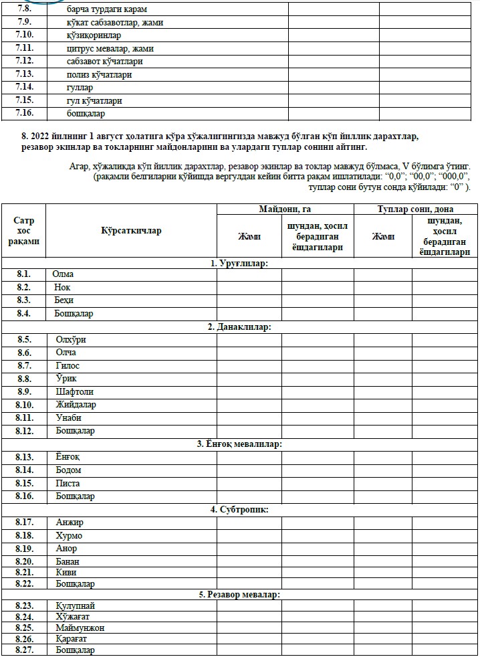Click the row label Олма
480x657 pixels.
click(x=64, y=274)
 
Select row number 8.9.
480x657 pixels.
click(x=24, y=392)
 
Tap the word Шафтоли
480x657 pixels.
click(x=75, y=392)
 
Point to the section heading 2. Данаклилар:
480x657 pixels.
click(x=240, y=326)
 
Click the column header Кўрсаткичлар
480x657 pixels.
click(x=132, y=231)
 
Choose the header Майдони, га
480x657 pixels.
click(x=285, y=209)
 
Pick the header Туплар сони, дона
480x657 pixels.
click(x=414, y=209)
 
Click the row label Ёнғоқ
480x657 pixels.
click(x=68, y=457)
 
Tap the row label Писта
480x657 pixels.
click(x=68, y=483)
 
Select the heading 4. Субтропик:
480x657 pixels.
click(x=240, y=509)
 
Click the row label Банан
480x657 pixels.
click(x=68, y=561)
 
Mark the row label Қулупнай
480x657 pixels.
click(x=71, y=605)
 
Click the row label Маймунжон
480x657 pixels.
click(x=80, y=628)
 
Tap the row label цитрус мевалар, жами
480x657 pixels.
click(x=105, y=48)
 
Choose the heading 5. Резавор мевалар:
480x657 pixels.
click(x=240, y=594)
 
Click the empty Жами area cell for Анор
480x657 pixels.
click(x=249, y=549)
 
